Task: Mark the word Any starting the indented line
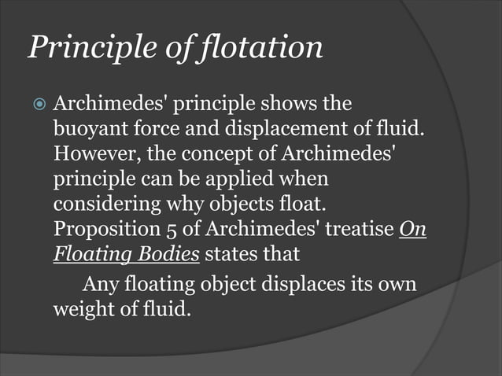100,284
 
